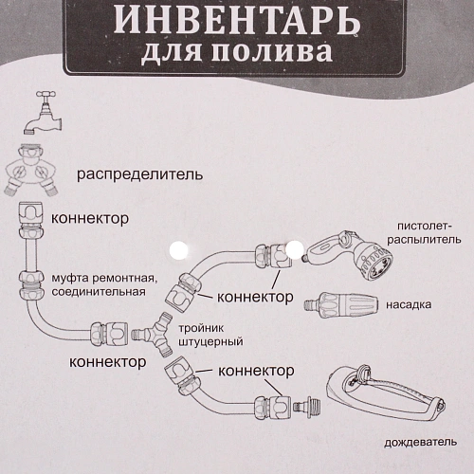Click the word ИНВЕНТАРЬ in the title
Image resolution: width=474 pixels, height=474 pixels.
pyautogui.click(x=236, y=19)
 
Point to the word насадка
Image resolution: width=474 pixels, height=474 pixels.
pyautogui.click(x=409, y=306)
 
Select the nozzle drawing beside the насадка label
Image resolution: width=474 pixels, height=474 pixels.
pyautogui.click(x=342, y=305)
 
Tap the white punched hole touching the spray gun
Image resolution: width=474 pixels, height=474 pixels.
pyautogui.click(x=294, y=251)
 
